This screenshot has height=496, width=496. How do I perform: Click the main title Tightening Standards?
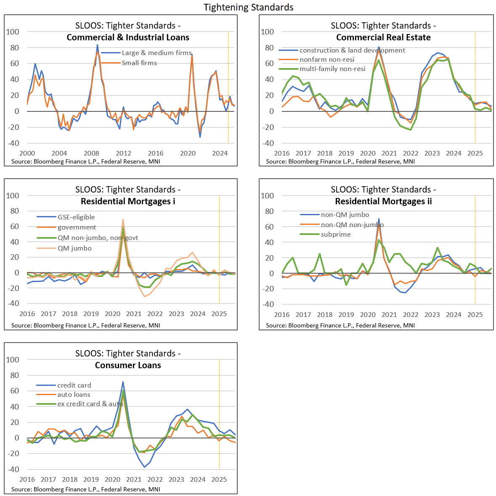point(248,7)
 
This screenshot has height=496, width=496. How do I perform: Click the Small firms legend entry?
point(139,63)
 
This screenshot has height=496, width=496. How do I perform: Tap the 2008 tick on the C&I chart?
point(91,153)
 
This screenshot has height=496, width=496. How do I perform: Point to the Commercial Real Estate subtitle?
point(383,37)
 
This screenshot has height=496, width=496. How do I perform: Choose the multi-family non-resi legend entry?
point(332,69)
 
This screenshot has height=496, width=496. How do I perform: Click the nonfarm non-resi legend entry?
point(326,60)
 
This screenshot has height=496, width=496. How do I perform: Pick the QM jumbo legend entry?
point(74,248)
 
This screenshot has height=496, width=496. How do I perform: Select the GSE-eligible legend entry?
point(76,217)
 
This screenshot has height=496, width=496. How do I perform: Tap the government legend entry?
point(77,227)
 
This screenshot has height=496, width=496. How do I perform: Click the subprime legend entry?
point(335,235)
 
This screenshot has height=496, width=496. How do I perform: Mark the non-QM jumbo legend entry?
point(345,215)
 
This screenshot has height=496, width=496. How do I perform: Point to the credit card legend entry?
point(74,385)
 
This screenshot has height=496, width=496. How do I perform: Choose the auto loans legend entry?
point(74,395)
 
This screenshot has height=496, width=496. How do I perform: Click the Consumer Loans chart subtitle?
point(128,365)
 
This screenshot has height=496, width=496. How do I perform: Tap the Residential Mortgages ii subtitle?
point(383,201)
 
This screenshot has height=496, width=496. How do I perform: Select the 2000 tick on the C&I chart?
point(27,153)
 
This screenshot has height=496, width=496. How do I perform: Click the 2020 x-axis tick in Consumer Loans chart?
point(112,479)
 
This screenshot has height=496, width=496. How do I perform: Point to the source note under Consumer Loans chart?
point(85,489)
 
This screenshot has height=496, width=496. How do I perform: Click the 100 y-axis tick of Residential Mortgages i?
point(13,195)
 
